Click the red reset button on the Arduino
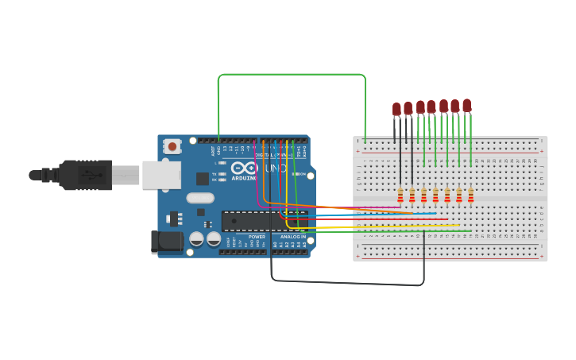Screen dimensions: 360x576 tap(172, 146)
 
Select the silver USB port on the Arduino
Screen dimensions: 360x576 tap(161, 175)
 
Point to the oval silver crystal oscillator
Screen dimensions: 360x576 tap(200, 198)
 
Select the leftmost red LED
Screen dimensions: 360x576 tap(396, 109)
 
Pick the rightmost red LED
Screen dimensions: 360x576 tap(466, 105)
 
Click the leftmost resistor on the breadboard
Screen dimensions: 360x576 tap(400, 195)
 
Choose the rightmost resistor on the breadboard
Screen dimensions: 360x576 tap(470, 195)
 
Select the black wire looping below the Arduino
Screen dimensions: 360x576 tap(350, 282)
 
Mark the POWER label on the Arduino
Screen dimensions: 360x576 tap(257, 237)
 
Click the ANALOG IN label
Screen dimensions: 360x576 tap(292, 237)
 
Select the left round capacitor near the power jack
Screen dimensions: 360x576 tap(196, 238)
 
